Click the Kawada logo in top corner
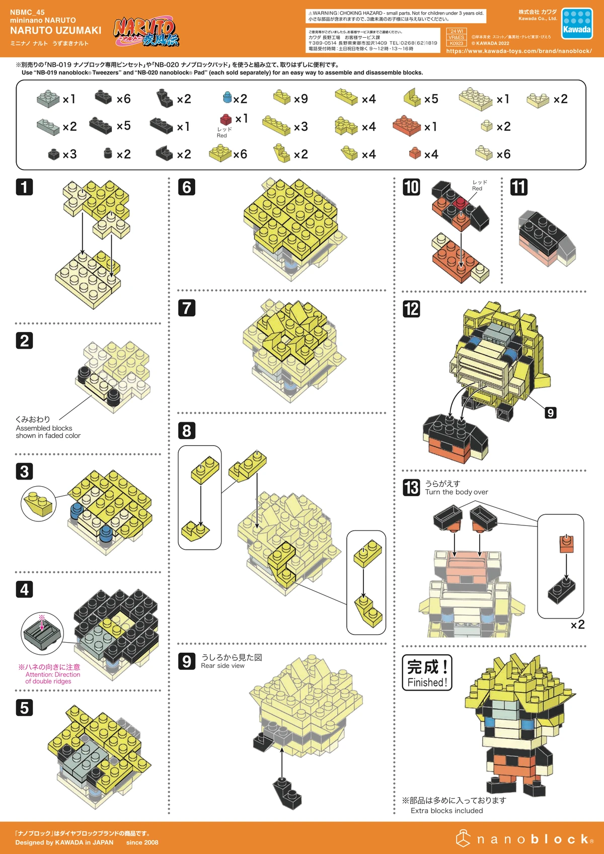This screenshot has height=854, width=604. pyautogui.click(x=577, y=24)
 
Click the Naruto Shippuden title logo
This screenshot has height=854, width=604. pyautogui.click(x=146, y=32)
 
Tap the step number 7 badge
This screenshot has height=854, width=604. pyautogui.click(x=187, y=307)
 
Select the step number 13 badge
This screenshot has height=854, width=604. pyautogui.click(x=411, y=487)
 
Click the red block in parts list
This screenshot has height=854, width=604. pyautogui.click(x=226, y=119)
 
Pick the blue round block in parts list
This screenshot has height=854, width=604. pyautogui.click(x=227, y=97)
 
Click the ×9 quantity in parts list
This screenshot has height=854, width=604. pyautogui.click(x=300, y=99)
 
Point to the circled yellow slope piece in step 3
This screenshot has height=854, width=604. pyautogui.click(x=39, y=504)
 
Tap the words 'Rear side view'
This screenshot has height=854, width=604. pyautogui.click(x=222, y=665)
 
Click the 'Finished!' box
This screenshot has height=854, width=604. pyautogui.click(x=427, y=673)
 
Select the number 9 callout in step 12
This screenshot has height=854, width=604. pyautogui.click(x=551, y=413)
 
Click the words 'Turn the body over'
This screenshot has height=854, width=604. pyautogui.click(x=457, y=492)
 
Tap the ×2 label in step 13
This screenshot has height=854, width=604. pyautogui.click(x=577, y=625)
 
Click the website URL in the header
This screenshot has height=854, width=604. pyautogui.click(x=518, y=51)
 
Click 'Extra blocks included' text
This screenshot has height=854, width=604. pyautogui.click(x=446, y=810)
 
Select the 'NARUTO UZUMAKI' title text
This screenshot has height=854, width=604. pyautogui.click(x=55, y=31)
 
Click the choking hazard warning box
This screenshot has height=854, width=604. pyautogui.click(x=396, y=16)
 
